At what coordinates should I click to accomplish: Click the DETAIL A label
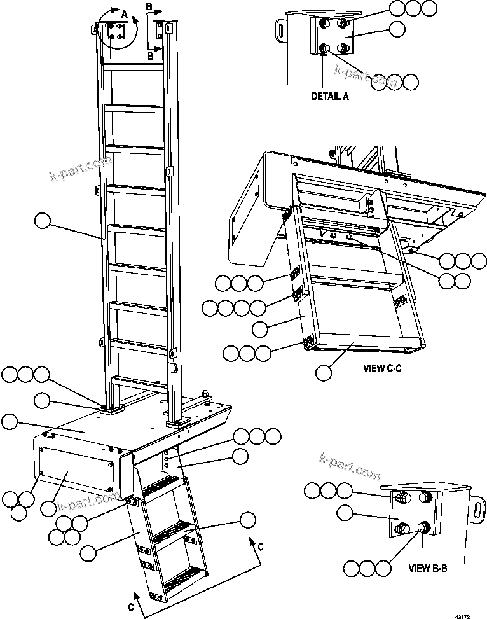(329, 97)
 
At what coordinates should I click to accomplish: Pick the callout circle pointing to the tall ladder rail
(42, 221)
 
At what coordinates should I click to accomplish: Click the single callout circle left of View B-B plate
(345, 513)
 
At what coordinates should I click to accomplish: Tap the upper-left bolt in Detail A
(325, 23)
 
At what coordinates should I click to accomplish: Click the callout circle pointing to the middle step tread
(247, 520)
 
